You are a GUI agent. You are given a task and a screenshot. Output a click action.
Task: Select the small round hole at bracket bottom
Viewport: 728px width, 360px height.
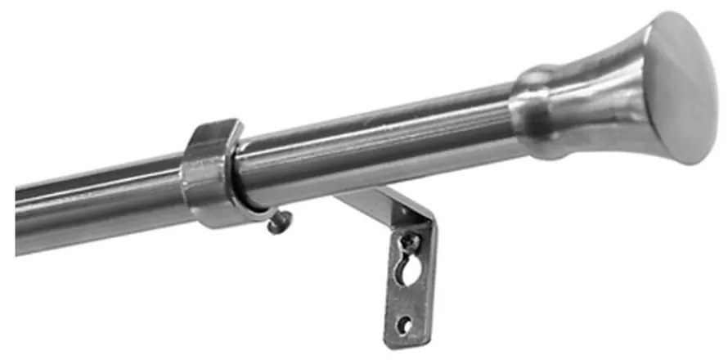pyautogui.click(x=404, y=324)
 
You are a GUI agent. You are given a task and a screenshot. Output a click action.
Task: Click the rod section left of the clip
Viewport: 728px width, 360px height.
pyautogui.click(x=98, y=205)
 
